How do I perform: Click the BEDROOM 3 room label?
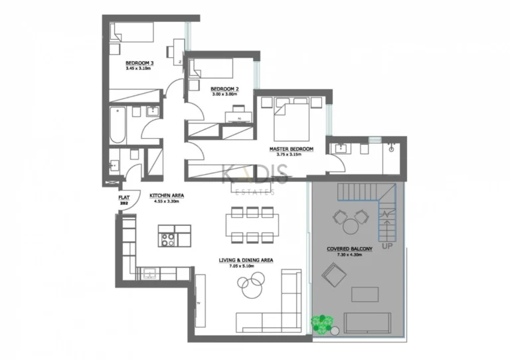(139, 63)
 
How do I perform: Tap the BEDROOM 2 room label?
(224, 89)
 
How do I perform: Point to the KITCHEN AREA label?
(166, 195)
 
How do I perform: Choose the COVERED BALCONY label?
(349, 249)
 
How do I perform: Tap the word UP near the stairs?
(388, 246)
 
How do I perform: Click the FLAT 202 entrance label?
(124, 201)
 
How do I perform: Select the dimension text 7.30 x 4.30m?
(349, 255)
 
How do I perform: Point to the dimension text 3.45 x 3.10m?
(139, 68)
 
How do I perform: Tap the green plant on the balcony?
(323, 324)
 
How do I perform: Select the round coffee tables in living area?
(250, 287)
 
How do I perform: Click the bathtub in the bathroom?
(118, 125)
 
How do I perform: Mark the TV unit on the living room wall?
(199, 302)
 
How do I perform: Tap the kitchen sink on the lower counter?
(149, 272)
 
